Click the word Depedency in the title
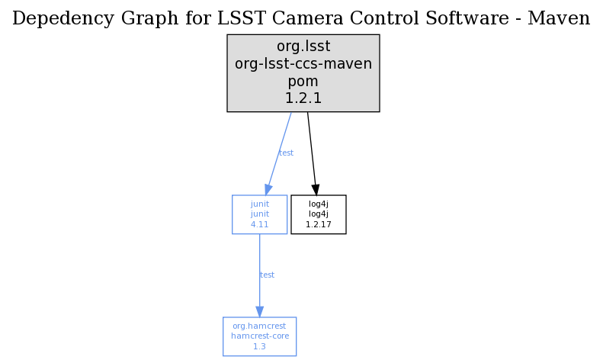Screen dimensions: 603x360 [63, 19]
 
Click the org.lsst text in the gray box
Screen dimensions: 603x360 [303, 47]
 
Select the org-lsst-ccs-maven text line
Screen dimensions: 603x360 [303, 63]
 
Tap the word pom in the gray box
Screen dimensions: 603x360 [303, 82]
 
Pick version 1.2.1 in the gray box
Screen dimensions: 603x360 [303, 98]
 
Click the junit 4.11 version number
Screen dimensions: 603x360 [260, 224]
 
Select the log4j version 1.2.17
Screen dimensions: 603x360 [319, 224]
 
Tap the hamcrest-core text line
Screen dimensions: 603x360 [260, 336]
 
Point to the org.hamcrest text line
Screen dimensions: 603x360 [259, 326]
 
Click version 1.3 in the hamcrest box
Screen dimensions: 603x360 [259, 346]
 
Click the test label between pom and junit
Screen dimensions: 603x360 [286, 153]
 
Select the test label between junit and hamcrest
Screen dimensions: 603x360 [267, 275]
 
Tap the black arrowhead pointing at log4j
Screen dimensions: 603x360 [316, 190]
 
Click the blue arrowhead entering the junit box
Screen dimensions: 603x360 [268, 190]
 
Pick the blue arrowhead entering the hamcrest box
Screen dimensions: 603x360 [260, 312]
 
